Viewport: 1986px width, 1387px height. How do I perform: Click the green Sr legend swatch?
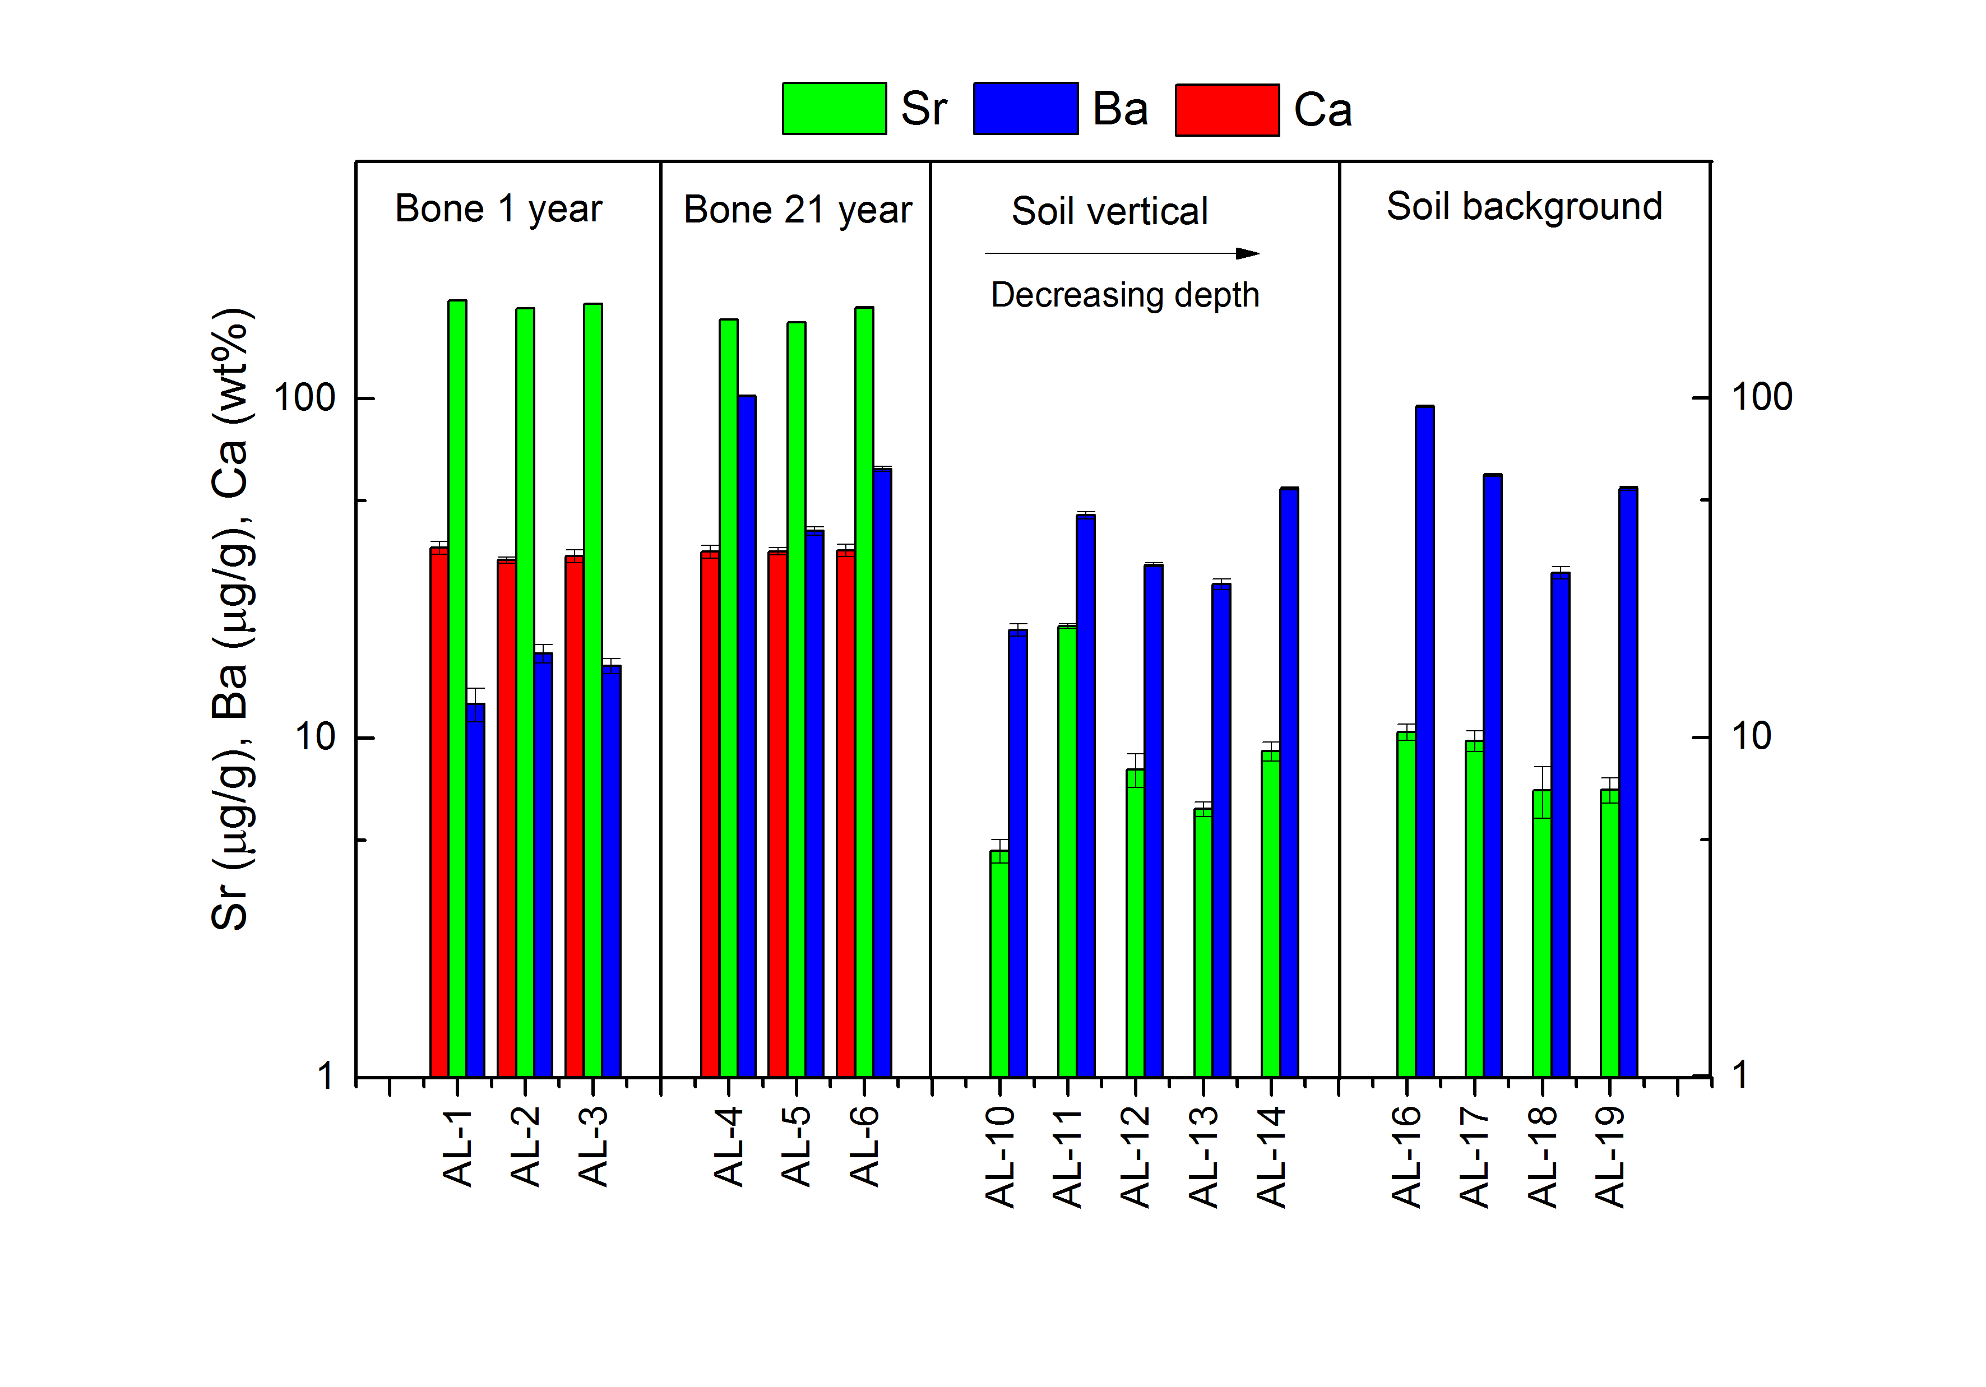point(834,109)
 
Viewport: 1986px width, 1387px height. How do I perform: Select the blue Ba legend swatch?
point(1025,109)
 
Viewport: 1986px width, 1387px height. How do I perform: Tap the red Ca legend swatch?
point(1226,110)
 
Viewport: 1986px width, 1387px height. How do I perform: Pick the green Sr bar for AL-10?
point(999,963)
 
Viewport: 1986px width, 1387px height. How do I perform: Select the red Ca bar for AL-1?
point(439,812)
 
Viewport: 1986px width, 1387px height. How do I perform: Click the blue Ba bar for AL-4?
point(747,736)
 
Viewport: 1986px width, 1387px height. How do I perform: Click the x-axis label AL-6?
point(864,1145)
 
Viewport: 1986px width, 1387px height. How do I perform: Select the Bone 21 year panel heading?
point(798,210)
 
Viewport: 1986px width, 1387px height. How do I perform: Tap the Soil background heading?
point(1524,207)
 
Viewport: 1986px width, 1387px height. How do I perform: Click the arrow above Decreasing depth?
point(1122,253)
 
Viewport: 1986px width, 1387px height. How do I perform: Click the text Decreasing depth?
point(1124,295)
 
